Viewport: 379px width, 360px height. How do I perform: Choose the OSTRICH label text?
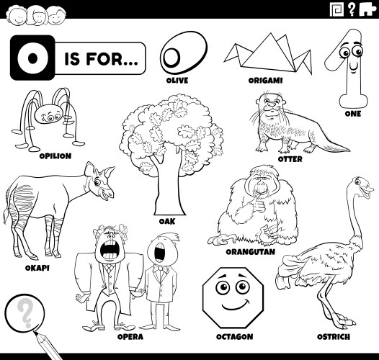(333, 336)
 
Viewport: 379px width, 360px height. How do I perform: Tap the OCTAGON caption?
(234, 336)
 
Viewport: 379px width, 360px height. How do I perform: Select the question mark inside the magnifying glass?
(27, 315)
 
